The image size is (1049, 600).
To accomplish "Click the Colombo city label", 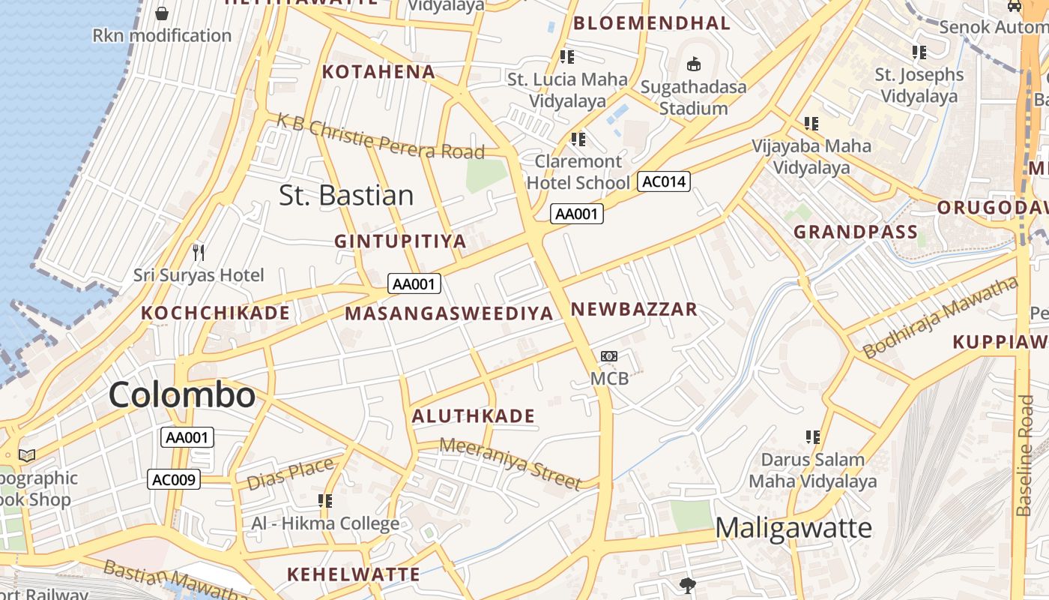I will pyautogui.click(x=182, y=394).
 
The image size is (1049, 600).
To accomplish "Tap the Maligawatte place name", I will pyautogui.click(x=793, y=528).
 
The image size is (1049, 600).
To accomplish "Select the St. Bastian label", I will pyautogui.click(x=346, y=195).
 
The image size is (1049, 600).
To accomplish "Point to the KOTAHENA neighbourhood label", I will pyautogui.click(x=378, y=72).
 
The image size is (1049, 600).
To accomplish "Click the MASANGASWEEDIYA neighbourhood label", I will pyautogui.click(x=449, y=313).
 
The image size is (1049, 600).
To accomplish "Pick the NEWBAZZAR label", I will pyautogui.click(x=634, y=309).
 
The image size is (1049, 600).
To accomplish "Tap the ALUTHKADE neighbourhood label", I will pyautogui.click(x=474, y=416).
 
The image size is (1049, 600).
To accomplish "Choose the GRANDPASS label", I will pyautogui.click(x=856, y=232).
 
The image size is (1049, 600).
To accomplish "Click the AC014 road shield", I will pyautogui.click(x=663, y=181).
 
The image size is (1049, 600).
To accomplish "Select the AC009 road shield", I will pyautogui.click(x=174, y=479).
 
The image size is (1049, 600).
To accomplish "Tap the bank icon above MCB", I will pyautogui.click(x=609, y=356).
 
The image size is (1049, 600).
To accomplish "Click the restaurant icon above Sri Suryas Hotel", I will pyautogui.click(x=199, y=252).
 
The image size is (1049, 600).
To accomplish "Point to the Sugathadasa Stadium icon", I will pyautogui.click(x=694, y=64).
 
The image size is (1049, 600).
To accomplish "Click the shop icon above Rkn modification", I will pyautogui.click(x=162, y=13).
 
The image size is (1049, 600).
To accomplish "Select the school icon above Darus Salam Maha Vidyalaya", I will pyautogui.click(x=812, y=436).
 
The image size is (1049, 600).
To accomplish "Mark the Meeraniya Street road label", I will pyautogui.click(x=510, y=463).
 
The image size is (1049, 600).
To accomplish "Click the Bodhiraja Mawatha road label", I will pyautogui.click(x=940, y=317).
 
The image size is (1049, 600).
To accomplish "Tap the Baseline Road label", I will pyautogui.click(x=1025, y=455).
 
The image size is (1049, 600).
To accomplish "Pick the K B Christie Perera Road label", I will pyautogui.click(x=381, y=136).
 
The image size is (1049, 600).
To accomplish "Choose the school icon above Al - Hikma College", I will pyautogui.click(x=325, y=500).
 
